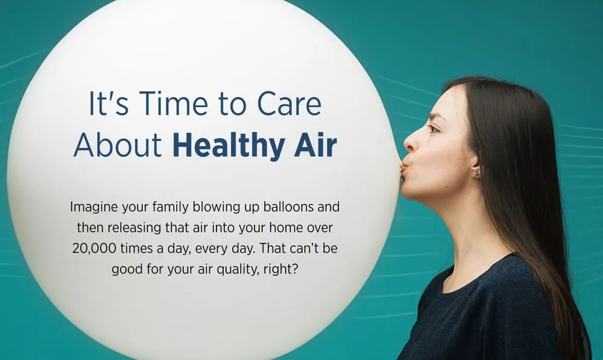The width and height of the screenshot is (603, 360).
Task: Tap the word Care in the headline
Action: (289, 104)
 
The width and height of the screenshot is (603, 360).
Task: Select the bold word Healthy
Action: (229, 145)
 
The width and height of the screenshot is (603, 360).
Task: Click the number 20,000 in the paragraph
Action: (94, 248)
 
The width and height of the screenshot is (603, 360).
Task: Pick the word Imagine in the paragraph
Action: (94, 207)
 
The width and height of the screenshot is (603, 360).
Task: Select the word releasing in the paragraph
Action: (134, 228)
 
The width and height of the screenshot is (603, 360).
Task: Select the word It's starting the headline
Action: (109, 103)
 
